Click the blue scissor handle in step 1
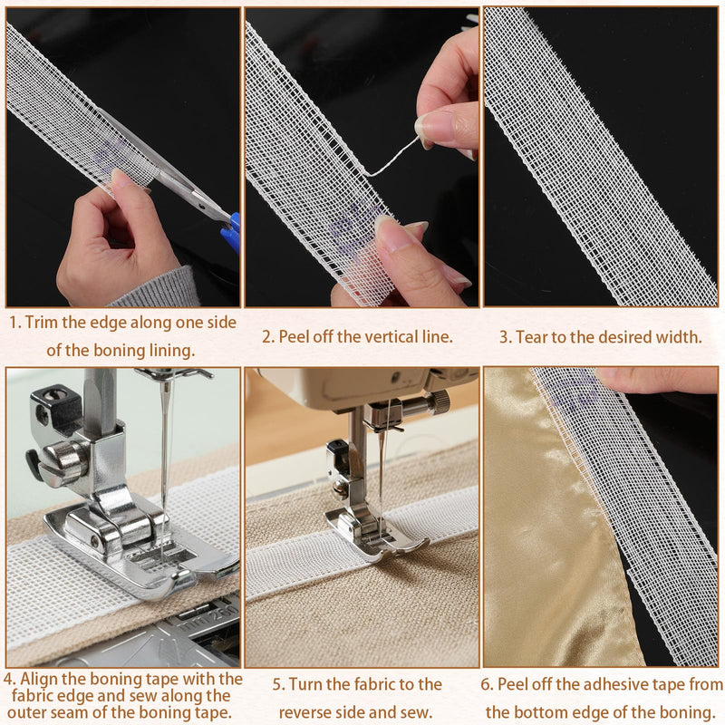[232, 231]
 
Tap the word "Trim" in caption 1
[41, 323]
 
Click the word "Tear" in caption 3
[532, 336]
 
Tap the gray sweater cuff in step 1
[157, 289]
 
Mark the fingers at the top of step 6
[656, 380]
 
